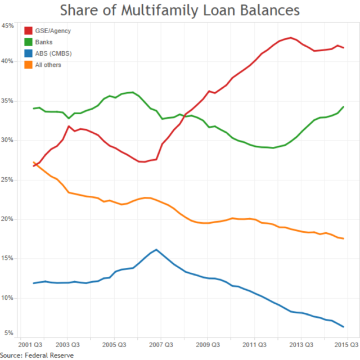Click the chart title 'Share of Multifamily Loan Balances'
click(180, 11)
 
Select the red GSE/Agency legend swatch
click(28, 30)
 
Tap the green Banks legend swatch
click(28, 42)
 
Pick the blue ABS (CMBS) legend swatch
click(28, 53)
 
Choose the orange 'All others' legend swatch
click(28, 65)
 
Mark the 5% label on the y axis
click(10, 334)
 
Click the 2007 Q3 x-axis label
click(160, 343)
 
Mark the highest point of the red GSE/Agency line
click(290, 38)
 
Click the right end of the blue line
click(343, 327)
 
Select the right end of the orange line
click(343, 238)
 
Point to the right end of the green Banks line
click(343, 107)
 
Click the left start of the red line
click(34, 166)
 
